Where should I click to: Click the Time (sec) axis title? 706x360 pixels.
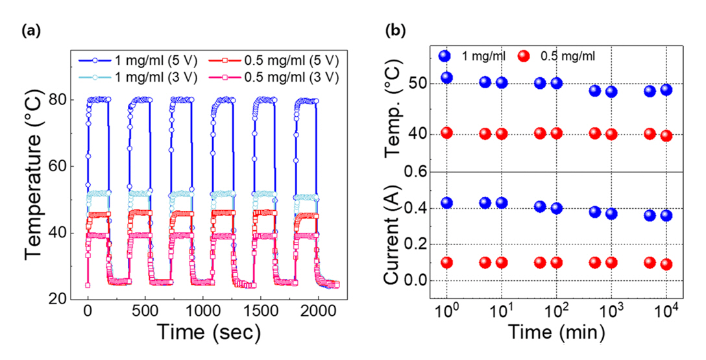[203, 333]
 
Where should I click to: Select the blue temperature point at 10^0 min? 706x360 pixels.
[446, 78]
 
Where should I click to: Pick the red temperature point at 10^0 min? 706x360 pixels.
[446, 133]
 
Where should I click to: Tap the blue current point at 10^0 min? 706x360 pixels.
[446, 203]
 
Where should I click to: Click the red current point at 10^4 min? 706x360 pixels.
[666, 264]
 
